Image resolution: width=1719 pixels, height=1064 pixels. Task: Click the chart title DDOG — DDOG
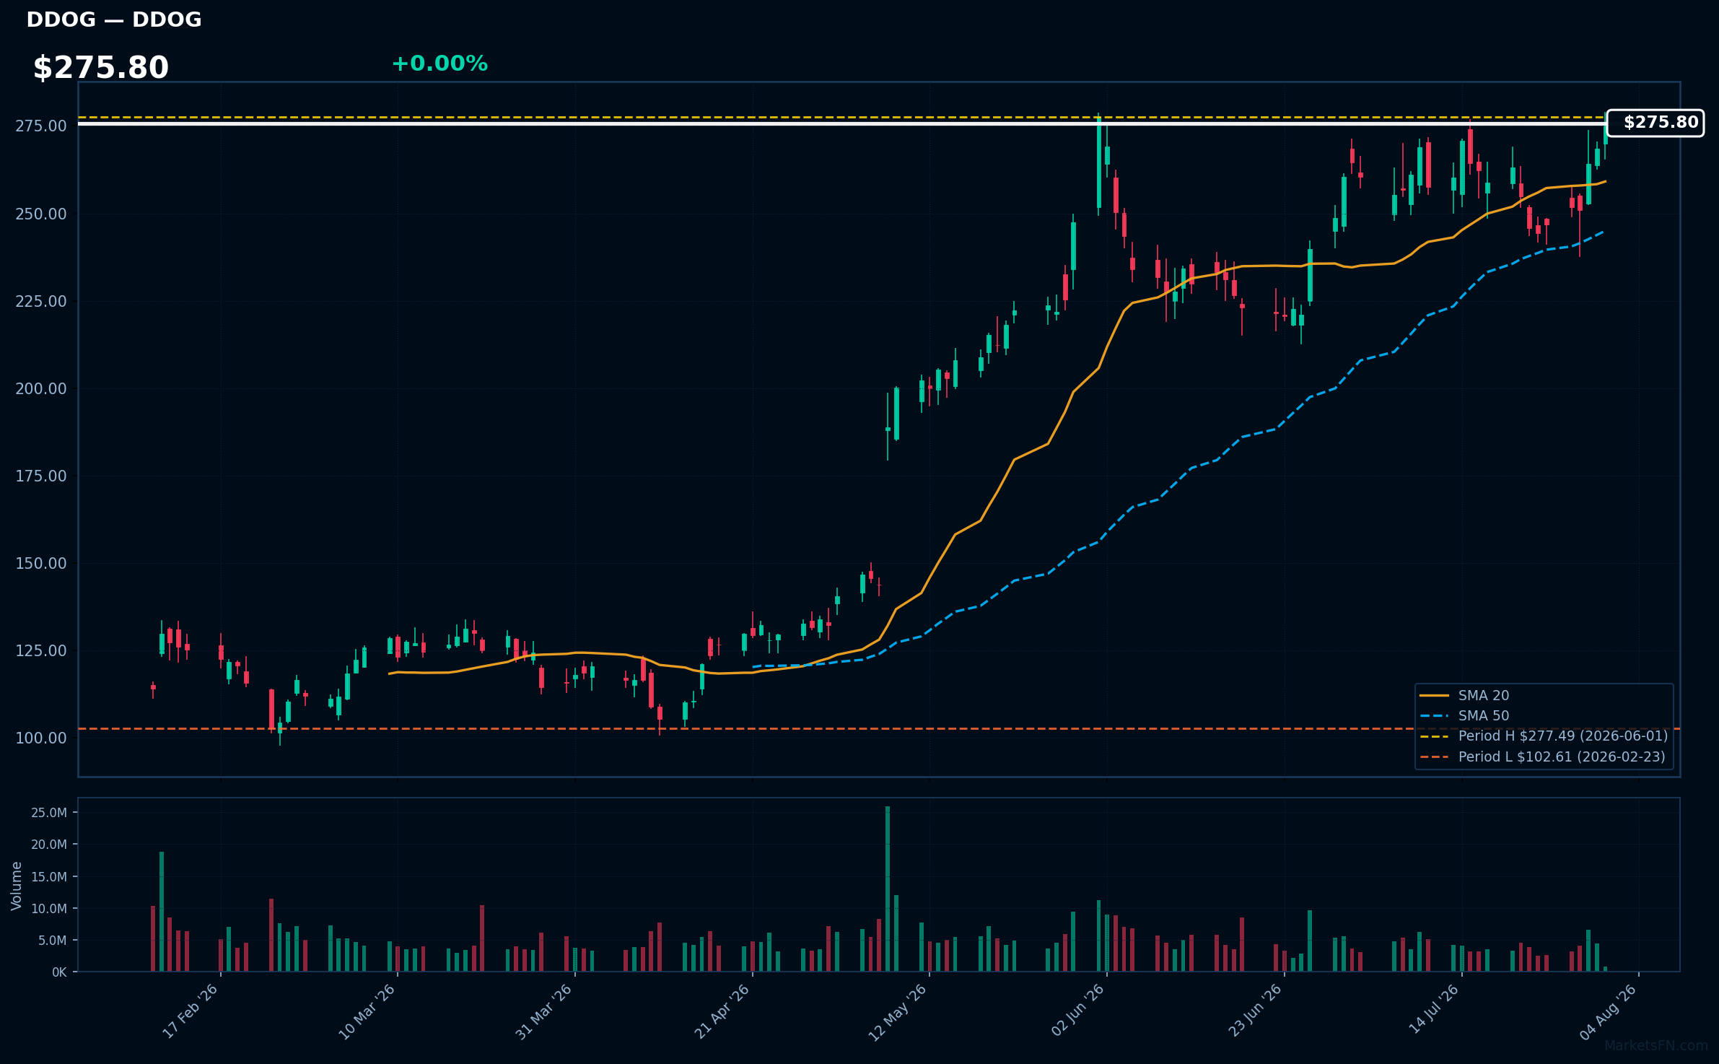[114, 19]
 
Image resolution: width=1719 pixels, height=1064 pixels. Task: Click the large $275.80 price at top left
[101, 68]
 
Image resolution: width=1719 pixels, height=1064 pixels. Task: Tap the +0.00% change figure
[439, 64]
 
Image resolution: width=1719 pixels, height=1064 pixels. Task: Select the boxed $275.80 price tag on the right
[1655, 123]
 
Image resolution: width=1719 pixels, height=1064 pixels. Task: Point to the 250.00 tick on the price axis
[41, 214]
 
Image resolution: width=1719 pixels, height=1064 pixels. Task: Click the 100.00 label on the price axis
[41, 738]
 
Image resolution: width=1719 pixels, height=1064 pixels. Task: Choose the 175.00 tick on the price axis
[41, 476]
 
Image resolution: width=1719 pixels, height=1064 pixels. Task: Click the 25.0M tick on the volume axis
[49, 813]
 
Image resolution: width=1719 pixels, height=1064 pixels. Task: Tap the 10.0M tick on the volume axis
[49, 909]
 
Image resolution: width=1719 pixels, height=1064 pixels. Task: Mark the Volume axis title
[17, 886]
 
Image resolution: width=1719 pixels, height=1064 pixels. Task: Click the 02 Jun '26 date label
[1077, 1011]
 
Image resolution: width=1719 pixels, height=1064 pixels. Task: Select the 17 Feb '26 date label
[190, 1011]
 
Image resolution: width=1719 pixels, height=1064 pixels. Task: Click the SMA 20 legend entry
[1465, 695]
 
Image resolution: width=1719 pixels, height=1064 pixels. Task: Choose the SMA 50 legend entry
[1465, 715]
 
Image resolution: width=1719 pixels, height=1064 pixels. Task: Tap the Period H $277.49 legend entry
[1544, 736]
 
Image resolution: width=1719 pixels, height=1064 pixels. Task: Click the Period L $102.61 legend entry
[1543, 756]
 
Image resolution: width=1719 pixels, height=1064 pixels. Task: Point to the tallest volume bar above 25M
[888, 889]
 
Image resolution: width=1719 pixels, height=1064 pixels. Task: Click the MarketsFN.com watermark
[1656, 1045]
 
